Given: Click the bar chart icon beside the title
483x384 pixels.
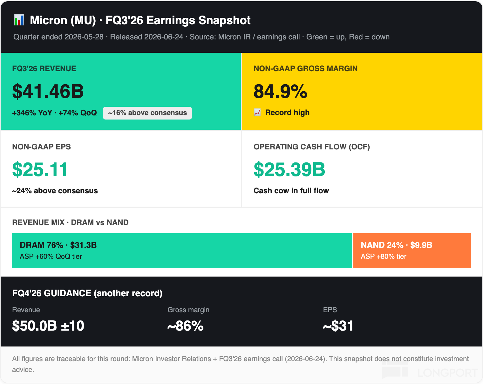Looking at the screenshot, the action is (x=19, y=20).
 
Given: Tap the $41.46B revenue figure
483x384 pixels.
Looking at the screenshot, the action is (x=48, y=92).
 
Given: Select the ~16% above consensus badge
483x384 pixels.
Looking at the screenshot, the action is (x=147, y=113).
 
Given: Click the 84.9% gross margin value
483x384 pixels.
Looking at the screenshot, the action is (x=280, y=92).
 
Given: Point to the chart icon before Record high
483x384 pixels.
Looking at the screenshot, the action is (x=257, y=112).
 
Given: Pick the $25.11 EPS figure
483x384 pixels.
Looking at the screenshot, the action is (x=40, y=169).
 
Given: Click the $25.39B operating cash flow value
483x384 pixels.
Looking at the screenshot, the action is (x=289, y=169).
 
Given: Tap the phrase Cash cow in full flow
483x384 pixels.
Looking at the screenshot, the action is (x=291, y=191).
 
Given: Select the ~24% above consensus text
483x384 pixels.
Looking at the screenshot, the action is (x=55, y=191).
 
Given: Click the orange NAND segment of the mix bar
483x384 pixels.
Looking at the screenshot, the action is (x=412, y=250).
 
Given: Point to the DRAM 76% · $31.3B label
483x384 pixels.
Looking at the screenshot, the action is (x=58, y=245).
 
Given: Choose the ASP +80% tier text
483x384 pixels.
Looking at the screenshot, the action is (x=383, y=256).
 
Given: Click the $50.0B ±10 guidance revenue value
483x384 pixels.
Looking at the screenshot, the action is (x=48, y=326).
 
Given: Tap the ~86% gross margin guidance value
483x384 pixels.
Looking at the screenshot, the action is (x=185, y=326).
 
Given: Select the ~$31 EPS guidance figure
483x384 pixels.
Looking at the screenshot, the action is (x=338, y=326).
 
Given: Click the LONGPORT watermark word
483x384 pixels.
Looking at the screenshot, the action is (x=448, y=373).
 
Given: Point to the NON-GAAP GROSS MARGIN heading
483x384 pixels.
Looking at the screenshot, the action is (x=305, y=68).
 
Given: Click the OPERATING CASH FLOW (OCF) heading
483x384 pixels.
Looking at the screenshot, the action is (x=312, y=147).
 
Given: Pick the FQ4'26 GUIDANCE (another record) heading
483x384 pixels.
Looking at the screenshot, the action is (x=87, y=293).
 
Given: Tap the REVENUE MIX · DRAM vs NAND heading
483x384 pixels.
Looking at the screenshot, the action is (x=70, y=222).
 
